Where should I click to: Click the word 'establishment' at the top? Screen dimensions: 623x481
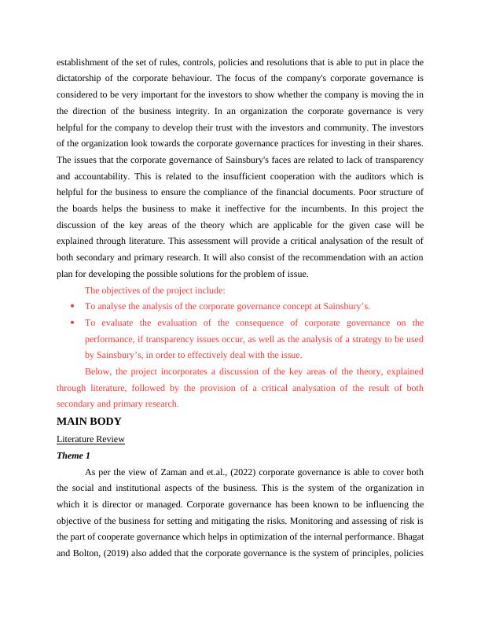pos(84,61)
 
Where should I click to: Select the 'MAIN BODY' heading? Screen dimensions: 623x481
pos(90,422)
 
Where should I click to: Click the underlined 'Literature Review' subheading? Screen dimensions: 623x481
pos(91,438)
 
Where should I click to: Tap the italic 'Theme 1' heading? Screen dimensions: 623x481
pos(76,455)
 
